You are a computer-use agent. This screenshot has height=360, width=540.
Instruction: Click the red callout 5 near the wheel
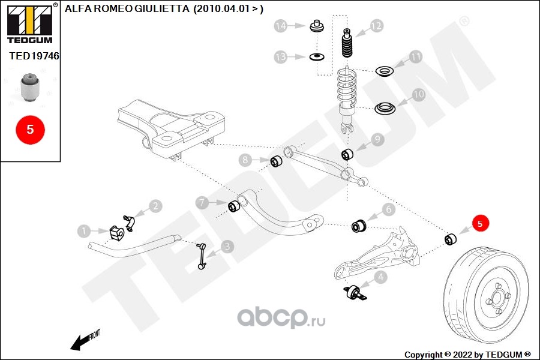point(480,224)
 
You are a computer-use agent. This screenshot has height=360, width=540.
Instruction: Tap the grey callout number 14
point(281,26)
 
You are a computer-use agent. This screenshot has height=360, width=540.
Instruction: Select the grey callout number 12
point(376,26)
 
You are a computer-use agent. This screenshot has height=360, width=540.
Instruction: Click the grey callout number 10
point(419,94)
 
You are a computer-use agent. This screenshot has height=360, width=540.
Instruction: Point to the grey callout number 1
point(85,230)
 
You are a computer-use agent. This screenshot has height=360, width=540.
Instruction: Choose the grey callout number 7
point(203,203)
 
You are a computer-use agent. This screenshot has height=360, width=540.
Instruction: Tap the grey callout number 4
point(380,277)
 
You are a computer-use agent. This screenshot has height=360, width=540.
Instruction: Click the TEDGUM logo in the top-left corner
point(29,23)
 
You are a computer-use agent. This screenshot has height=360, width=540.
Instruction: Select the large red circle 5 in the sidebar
point(30,129)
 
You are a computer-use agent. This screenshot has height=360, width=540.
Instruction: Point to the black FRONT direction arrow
point(80,342)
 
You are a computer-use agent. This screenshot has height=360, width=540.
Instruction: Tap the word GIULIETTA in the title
point(157,8)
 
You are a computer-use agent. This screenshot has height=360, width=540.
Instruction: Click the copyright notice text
point(467,354)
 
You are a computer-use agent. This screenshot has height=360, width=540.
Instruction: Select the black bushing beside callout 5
point(451,239)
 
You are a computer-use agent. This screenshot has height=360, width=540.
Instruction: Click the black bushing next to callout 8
point(277,161)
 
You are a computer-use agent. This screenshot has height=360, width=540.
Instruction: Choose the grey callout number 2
point(156,206)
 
